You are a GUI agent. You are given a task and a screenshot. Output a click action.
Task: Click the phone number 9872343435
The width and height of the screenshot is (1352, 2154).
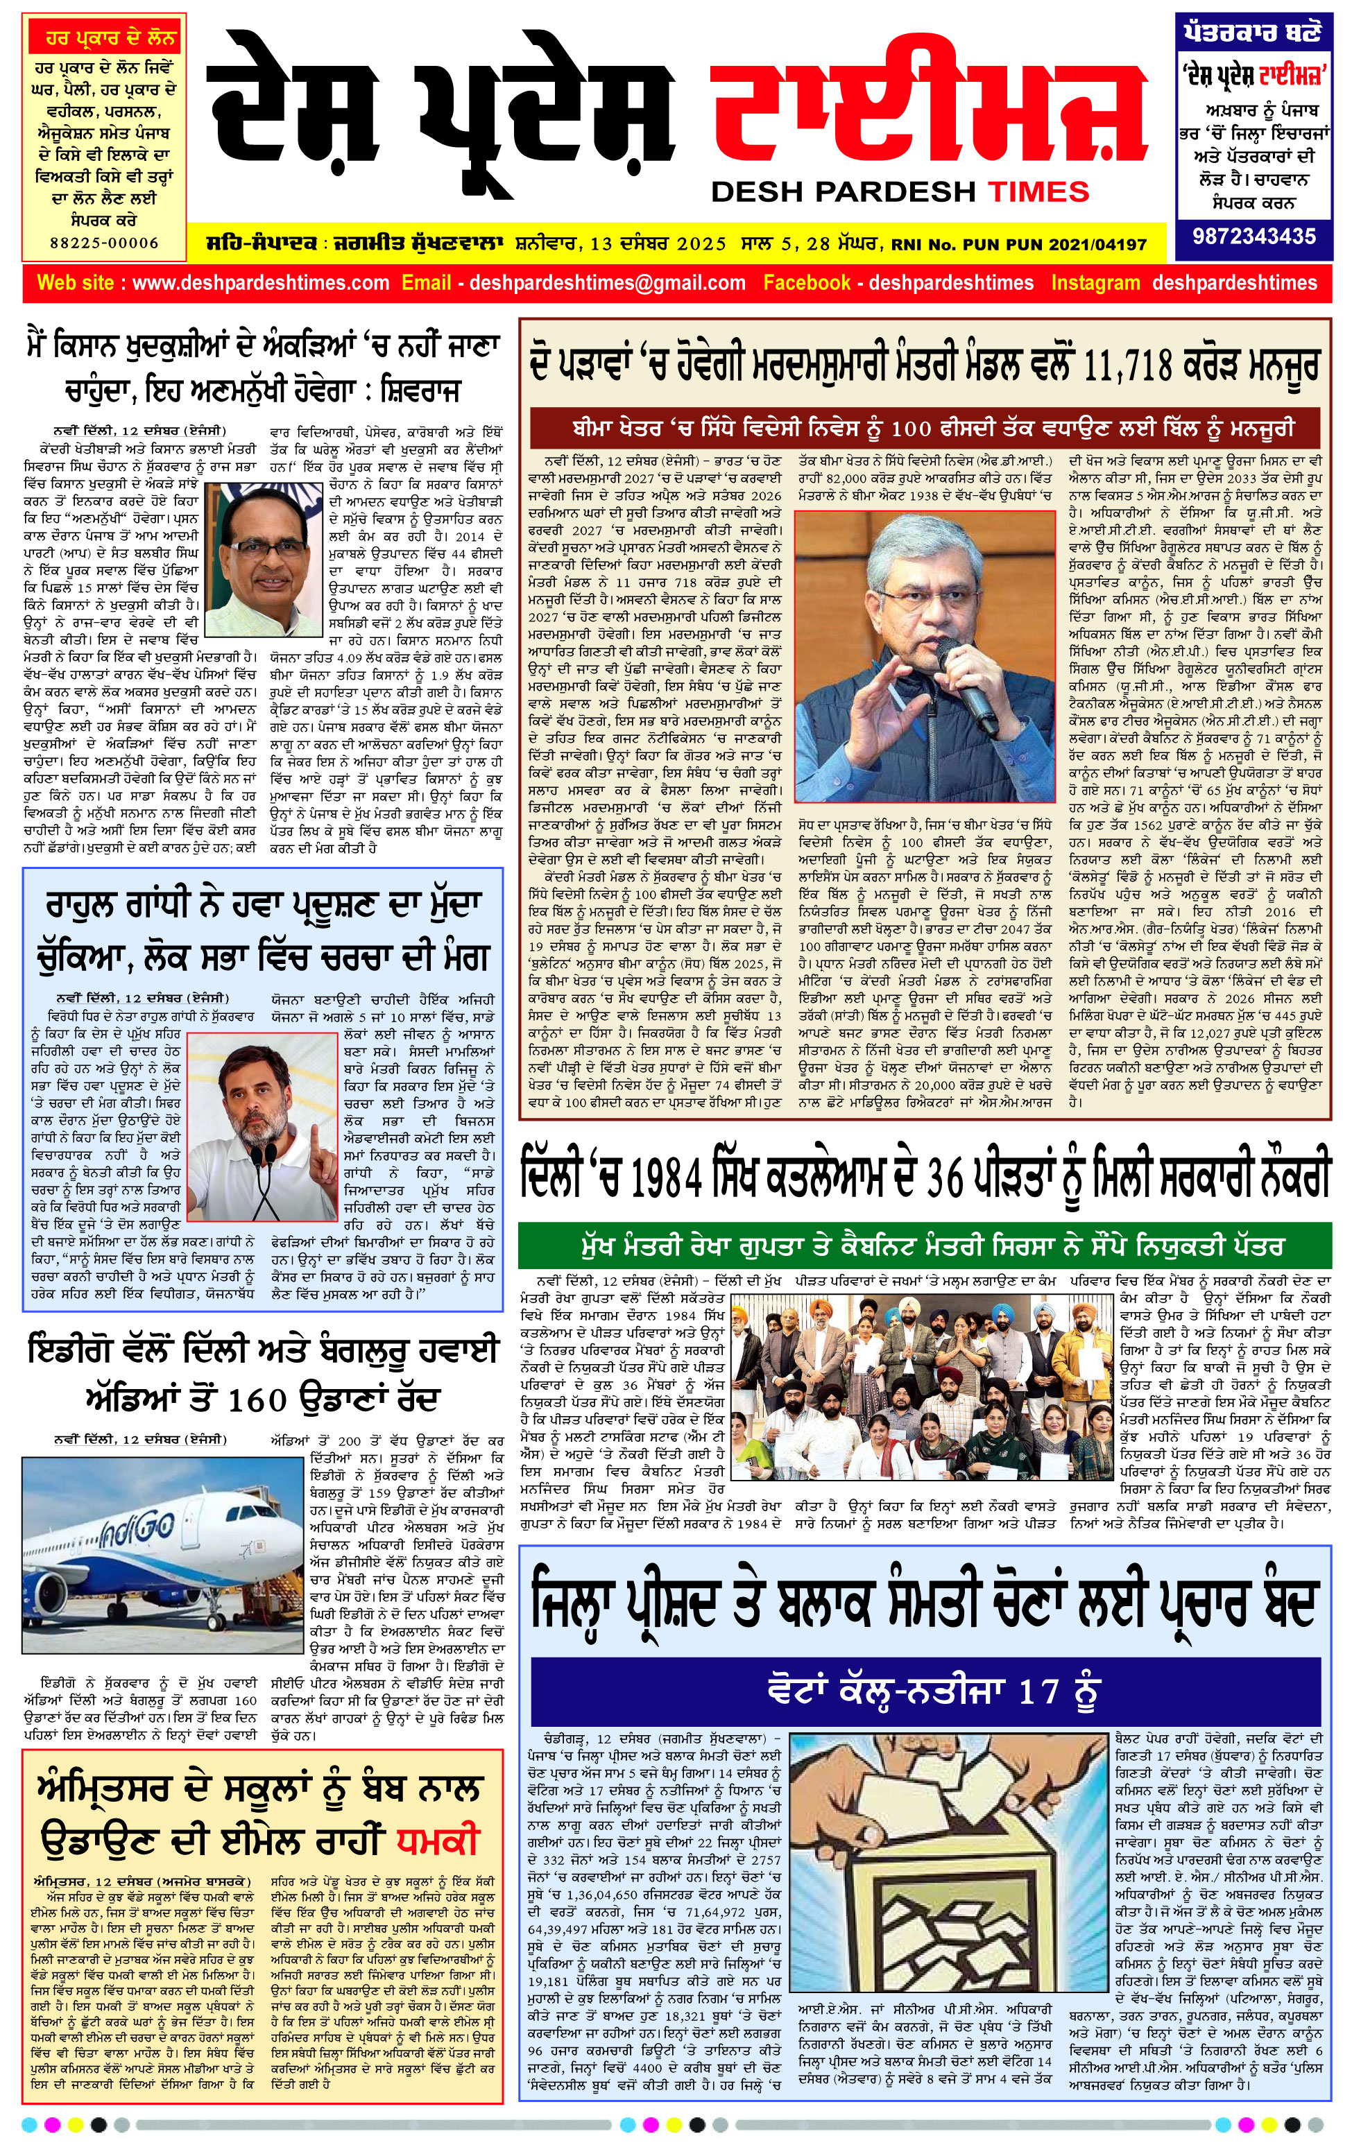click(x=1253, y=237)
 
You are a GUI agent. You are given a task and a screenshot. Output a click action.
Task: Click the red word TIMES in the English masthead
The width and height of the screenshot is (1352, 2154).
click(x=1038, y=191)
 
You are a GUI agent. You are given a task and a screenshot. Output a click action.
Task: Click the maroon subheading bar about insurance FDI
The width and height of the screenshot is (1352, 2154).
click(x=925, y=427)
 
